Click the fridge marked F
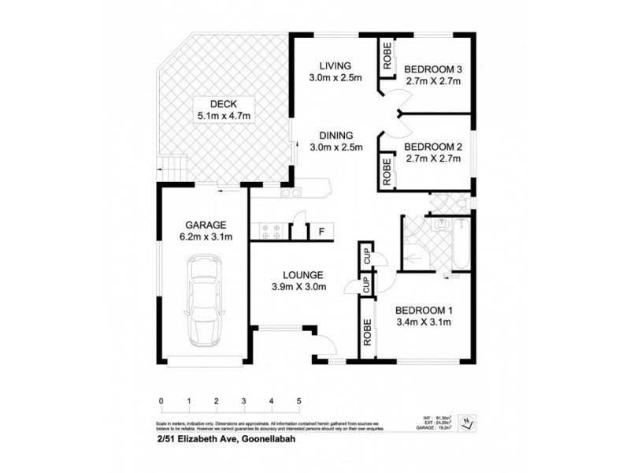[321, 231]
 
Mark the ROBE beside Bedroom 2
[387, 171]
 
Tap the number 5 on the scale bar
[299, 401]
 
